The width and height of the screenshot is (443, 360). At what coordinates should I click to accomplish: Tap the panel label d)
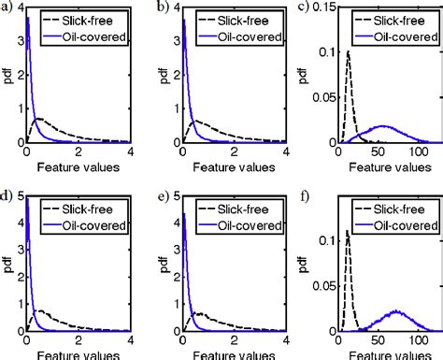click(7, 194)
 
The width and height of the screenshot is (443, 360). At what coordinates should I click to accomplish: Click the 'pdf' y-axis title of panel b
click(153, 75)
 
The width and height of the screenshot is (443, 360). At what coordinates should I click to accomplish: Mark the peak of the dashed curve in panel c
click(349, 52)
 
